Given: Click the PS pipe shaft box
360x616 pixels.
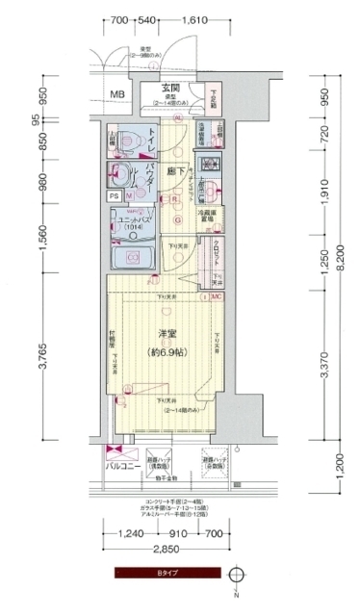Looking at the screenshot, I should (x=113, y=196).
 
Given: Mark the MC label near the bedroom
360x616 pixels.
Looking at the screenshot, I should (x=217, y=296).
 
